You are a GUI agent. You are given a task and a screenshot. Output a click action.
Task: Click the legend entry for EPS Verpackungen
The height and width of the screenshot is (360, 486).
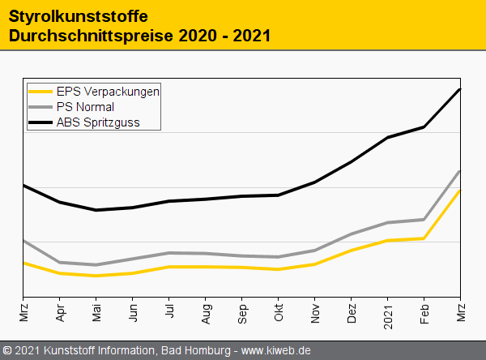pos(108,92)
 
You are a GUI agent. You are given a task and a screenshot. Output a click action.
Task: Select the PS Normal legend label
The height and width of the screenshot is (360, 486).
pos(85,107)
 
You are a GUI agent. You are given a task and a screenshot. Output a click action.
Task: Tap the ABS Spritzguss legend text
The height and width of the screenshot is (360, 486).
pos(98,122)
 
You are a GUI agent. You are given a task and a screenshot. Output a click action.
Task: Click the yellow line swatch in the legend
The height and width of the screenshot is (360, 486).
pos(40,92)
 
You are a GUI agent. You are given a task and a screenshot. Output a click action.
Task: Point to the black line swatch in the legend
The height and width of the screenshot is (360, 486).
pos(40,122)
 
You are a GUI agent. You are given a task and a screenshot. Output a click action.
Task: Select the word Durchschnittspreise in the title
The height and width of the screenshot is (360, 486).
pos(91,36)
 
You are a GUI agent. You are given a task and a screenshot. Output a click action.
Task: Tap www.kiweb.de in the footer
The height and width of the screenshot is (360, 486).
pos(277,350)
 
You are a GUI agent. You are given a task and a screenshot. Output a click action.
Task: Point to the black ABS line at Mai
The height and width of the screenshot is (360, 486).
pos(96,210)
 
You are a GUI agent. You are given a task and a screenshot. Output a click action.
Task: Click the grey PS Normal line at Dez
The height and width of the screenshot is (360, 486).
pos(352,234)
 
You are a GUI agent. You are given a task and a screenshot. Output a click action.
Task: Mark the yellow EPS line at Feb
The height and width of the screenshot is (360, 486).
pos(424,238)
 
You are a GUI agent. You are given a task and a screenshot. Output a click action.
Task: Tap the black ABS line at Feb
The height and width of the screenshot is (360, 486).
pos(424,126)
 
